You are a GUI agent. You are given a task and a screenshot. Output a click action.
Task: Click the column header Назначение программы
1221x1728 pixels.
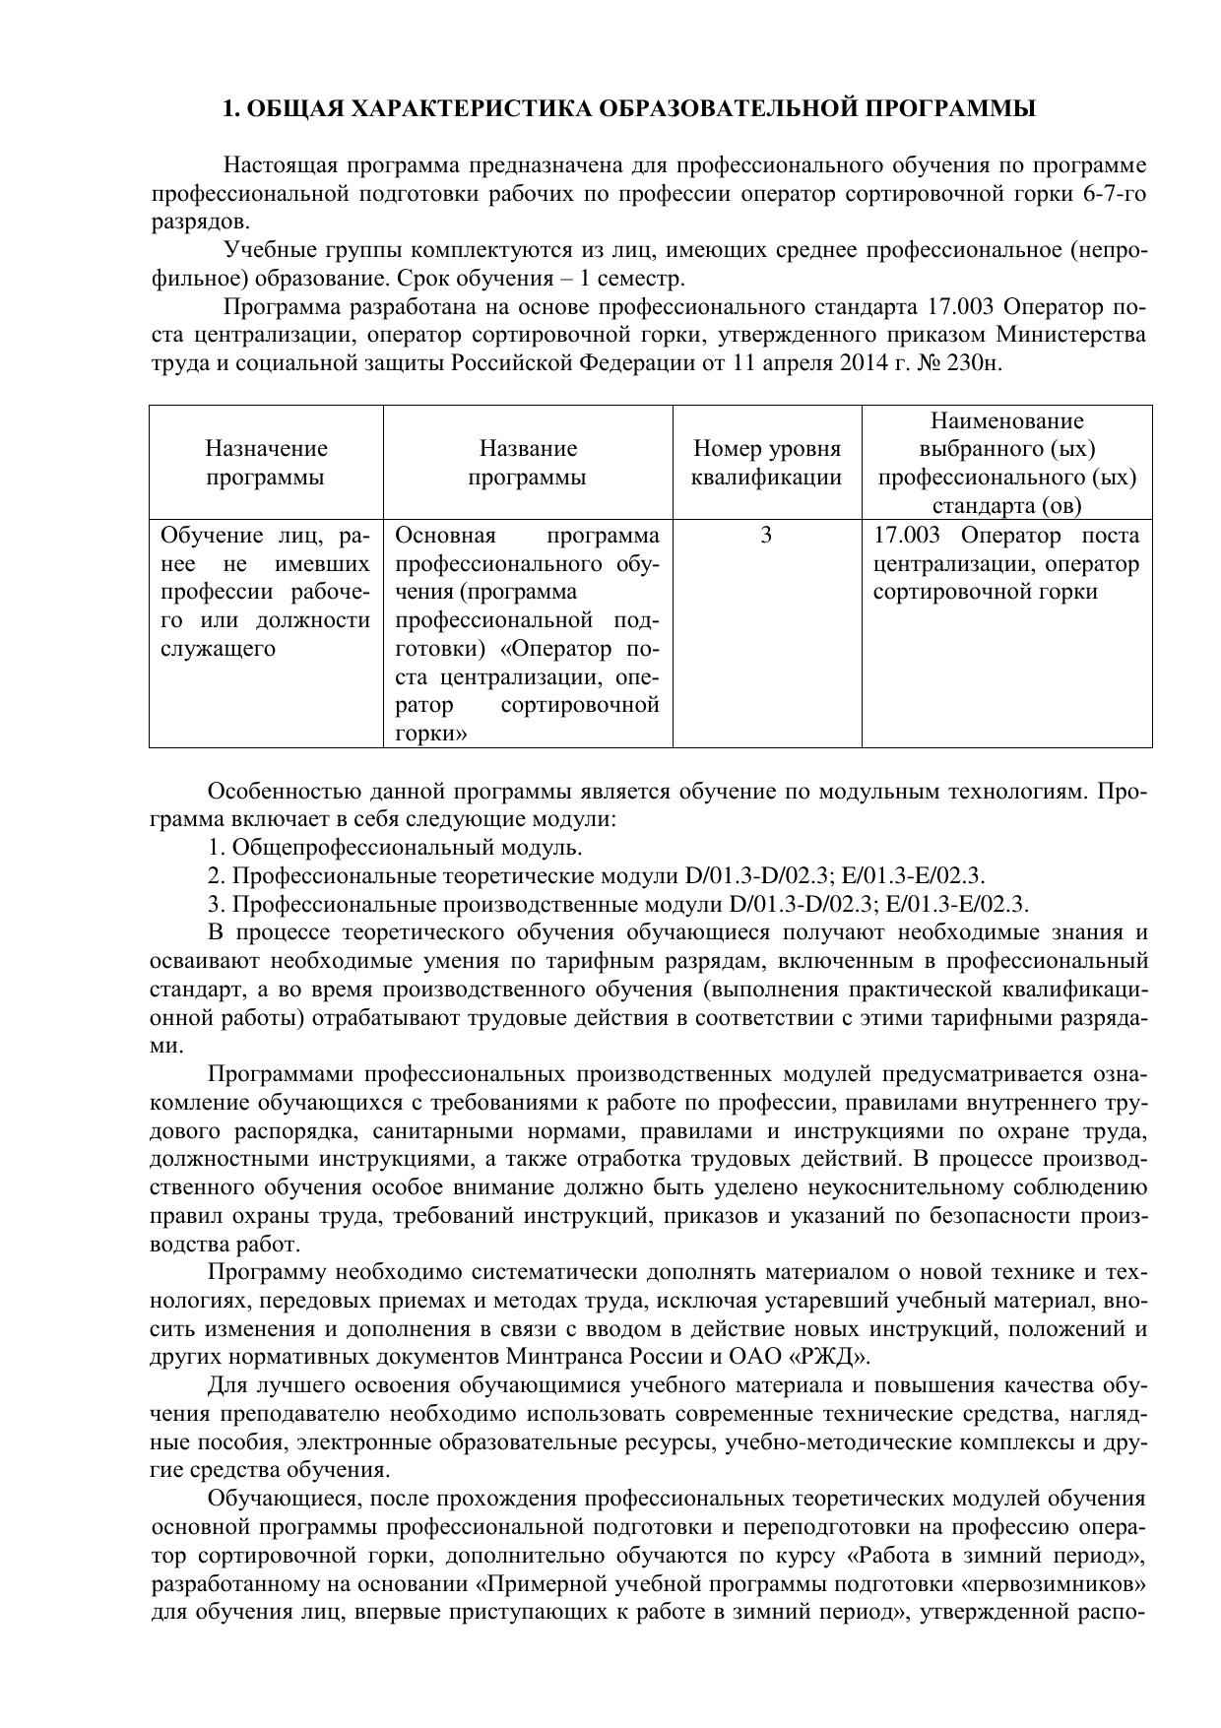(x=266, y=463)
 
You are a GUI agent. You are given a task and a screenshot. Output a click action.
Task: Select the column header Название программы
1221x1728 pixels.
(x=528, y=463)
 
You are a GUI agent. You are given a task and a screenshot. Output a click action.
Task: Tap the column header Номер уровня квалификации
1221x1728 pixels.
(x=767, y=463)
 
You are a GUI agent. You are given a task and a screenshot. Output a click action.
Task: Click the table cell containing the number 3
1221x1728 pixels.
(x=767, y=536)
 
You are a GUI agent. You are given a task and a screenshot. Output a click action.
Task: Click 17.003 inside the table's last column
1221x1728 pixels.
(x=907, y=536)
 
